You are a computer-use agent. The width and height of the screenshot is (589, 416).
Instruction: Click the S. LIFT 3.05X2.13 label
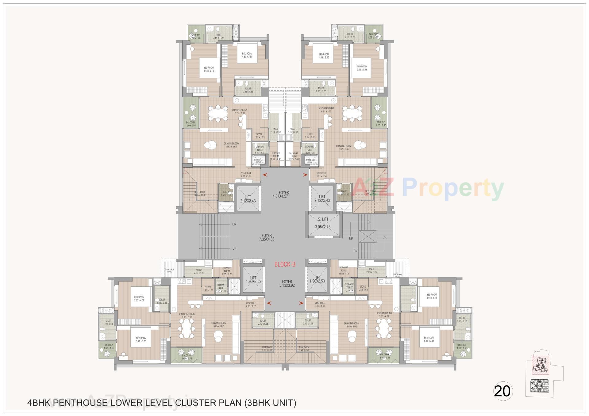(322, 223)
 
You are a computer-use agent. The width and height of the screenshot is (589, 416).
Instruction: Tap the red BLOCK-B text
(285, 264)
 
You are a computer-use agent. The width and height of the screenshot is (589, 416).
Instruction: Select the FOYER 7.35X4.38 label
(266, 237)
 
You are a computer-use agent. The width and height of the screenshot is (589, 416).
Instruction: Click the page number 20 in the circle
(502, 391)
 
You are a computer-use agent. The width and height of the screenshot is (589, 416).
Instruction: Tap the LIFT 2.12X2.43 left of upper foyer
(248, 199)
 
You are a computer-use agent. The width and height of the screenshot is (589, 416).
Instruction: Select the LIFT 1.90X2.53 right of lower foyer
(317, 279)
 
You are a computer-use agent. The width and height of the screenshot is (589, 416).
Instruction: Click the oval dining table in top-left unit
(218, 114)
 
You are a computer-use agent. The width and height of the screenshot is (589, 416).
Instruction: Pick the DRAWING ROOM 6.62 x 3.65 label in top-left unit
(232, 145)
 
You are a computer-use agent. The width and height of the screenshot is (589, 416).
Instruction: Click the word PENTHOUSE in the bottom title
(76, 403)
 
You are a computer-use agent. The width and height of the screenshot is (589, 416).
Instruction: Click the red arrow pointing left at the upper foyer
(264, 175)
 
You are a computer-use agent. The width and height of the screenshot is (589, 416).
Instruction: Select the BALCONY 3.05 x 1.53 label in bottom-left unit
(186, 357)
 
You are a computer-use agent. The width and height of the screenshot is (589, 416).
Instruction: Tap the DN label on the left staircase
(234, 224)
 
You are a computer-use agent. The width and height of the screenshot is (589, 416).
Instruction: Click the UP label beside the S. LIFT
(351, 238)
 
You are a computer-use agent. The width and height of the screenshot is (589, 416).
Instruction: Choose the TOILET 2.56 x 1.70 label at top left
(218, 36)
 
